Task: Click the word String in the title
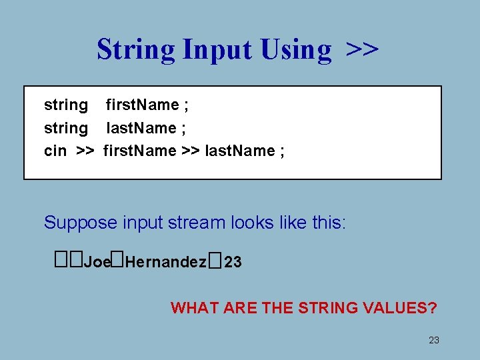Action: [x=136, y=49]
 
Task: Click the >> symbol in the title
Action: [x=363, y=49]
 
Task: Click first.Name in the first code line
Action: [x=142, y=105]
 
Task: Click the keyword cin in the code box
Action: [x=55, y=151]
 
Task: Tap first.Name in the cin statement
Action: [x=140, y=151]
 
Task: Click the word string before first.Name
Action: [x=66, y=105]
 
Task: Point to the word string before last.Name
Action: [x=66, y=128]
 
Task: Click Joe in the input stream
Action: [x=97, y=263]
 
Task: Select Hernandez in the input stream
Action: [x=165, y=263]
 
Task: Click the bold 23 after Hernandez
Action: [x=233, y=263]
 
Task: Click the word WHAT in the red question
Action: [x=192, y=308]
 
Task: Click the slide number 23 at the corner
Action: [x=434, y=341]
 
